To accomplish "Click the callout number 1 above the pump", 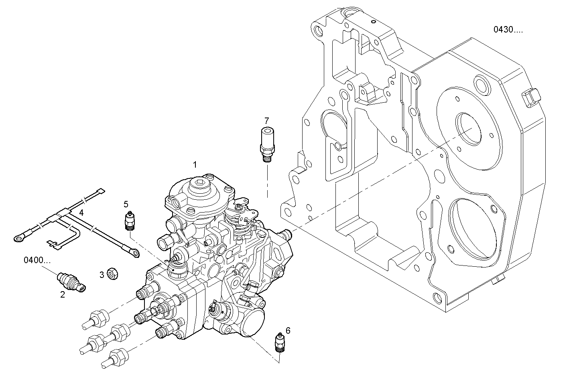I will coord(195,164).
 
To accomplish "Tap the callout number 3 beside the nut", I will coord(102,275).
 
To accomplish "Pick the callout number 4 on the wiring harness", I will coord(81,212).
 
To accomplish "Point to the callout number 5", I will coord(126,204).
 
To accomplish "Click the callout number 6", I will coord(288,330).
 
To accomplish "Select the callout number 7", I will coord(266,120).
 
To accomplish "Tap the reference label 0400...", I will coord(37,260).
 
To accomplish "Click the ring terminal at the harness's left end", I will coord(18,239).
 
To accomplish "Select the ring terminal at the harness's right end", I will coord(135,253).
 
